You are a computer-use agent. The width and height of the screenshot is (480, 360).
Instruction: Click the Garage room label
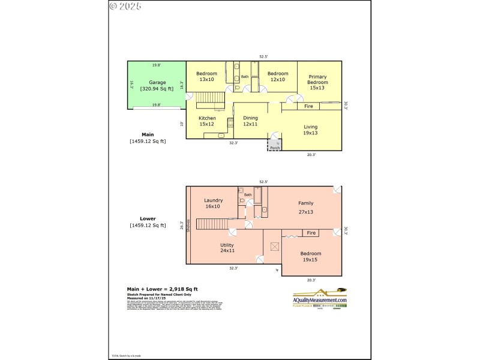(157, 82)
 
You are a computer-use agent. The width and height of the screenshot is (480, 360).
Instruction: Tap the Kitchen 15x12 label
(207, 121)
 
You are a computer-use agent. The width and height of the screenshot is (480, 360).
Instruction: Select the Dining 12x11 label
(250, 121)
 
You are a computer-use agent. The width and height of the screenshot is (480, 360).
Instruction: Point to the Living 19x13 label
(310, 130)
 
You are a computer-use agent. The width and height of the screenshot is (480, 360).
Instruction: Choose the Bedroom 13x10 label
(206, 77)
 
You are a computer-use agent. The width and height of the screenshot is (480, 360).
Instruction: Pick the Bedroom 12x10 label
(277, 77)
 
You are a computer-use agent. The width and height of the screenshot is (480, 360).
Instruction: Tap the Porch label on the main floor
(275, 148)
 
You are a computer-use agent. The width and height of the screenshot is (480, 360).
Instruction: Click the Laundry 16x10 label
(214, 203)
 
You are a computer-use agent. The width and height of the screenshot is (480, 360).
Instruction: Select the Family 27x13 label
(306, 208)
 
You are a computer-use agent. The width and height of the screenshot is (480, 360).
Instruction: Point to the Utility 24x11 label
(227, 248)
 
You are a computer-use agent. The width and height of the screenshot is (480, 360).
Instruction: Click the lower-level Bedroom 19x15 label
(311, 257)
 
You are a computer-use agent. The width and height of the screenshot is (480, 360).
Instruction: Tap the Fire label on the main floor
(308, 106)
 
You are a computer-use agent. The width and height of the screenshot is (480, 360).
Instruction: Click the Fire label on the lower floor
(311, 233)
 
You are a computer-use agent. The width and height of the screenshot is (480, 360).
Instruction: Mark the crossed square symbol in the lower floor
(275, 246)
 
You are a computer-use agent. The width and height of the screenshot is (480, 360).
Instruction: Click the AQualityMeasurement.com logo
(320, 299)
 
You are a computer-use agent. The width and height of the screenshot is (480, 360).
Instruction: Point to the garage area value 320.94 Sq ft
(157, 89)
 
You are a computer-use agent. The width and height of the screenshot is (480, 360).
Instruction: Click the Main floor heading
(148, 134)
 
